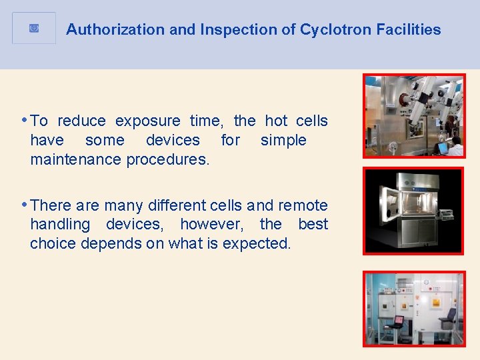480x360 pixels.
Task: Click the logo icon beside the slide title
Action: [34, 28]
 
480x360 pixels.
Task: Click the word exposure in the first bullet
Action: [148, 121]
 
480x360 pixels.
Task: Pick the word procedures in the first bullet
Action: [168, 159]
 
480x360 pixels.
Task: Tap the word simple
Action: [283, 140]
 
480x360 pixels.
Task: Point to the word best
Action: [313, 225]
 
